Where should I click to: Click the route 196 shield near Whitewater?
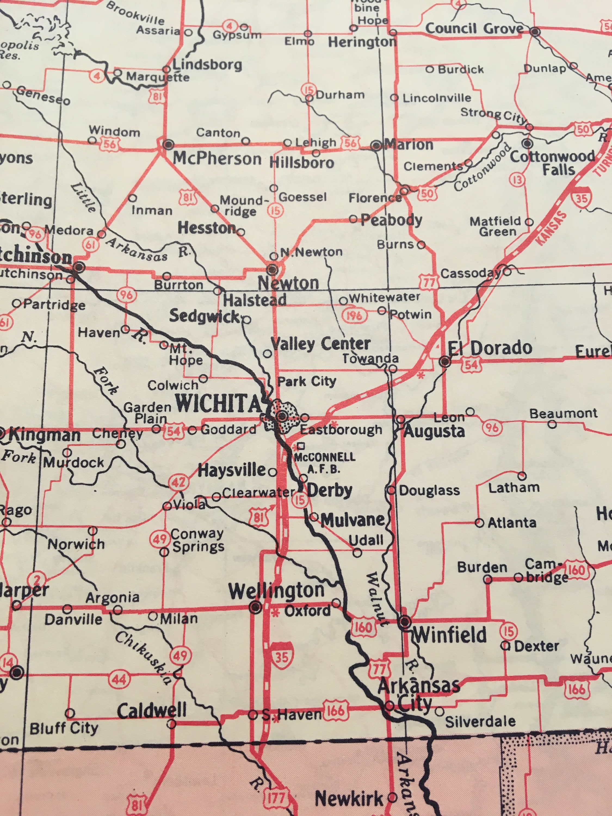click(x=354, y=315)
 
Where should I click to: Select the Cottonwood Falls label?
click(x=552, y=163)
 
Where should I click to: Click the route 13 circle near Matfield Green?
click(x=517, y=180)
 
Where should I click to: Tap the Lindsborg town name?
click(x=207, y=65)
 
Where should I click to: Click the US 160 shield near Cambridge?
click(x=576, y=570)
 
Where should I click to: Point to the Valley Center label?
click(x=321, y=344)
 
